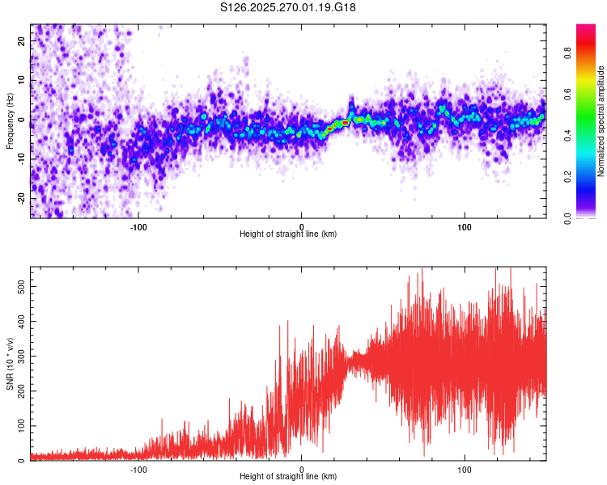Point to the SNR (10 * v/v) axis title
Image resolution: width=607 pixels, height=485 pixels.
(x=11, y=364)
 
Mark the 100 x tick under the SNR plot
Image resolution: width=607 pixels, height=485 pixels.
(x=465, y=469)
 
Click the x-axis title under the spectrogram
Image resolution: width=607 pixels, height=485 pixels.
(x=288, y=234)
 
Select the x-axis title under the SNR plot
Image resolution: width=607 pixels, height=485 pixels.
(x=288, y=477)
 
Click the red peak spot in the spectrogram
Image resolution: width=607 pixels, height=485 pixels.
(x=344, y=123)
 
